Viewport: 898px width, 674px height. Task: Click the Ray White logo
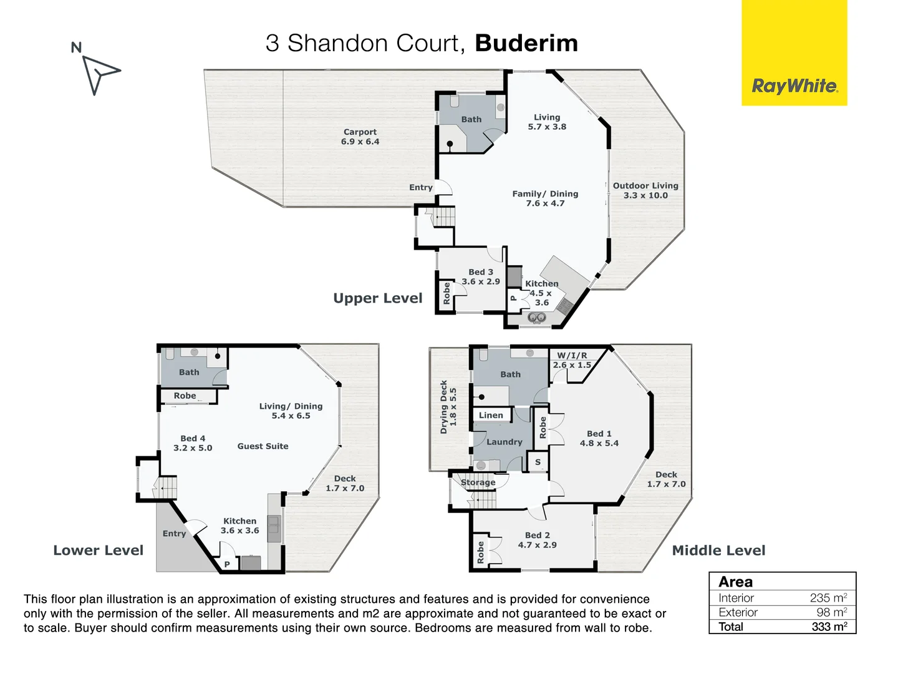794,85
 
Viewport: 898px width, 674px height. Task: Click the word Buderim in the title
526,43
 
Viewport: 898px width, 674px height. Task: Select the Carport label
360,132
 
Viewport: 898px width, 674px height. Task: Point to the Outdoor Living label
645,186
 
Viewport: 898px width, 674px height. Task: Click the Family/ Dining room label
545,194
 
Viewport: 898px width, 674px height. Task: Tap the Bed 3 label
481,272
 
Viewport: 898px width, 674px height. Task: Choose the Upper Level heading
377,298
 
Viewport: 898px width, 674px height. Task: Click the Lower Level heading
98,550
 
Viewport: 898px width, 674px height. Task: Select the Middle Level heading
718,550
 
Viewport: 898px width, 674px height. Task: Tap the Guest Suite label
263,446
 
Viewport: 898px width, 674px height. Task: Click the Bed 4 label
193,439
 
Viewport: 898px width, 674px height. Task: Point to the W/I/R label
572,356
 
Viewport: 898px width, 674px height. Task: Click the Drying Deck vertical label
444,407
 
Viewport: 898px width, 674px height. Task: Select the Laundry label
505,442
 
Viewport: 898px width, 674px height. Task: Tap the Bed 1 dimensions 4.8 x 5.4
599,443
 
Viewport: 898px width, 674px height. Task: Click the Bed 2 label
538,535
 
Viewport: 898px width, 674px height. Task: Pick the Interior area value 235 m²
828,598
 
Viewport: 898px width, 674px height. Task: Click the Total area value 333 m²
829,627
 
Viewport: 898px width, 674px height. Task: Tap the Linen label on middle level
491,415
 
